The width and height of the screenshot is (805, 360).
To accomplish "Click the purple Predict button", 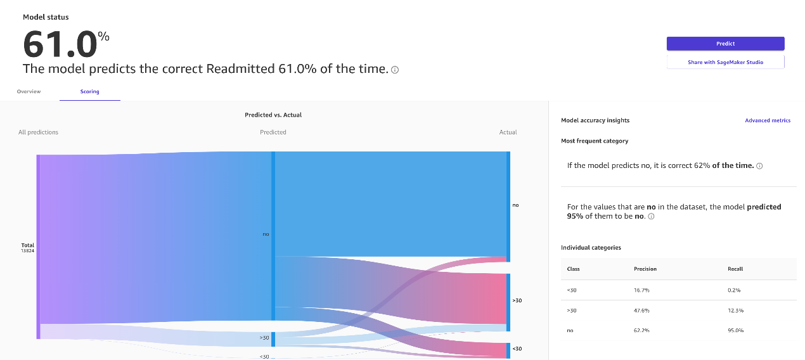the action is [725, 44].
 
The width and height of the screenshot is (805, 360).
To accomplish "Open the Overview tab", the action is [29, 92].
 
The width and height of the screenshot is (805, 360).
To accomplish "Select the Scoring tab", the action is [89, 92].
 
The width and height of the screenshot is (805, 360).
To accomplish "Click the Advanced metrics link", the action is [768, 120].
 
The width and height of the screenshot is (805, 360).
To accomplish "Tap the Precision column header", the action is [645, 269].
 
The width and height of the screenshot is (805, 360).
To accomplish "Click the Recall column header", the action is [735, 269].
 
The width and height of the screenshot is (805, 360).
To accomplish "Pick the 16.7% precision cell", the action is [641, 290].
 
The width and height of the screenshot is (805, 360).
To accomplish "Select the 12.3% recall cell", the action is [736, 311].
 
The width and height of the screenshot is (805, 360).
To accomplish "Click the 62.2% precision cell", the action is [641, 331].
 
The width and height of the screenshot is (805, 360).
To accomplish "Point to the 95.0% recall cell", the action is [736, 331].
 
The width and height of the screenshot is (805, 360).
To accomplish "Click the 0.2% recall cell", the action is [734, 290].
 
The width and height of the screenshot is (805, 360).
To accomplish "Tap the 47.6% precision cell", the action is [641, 311].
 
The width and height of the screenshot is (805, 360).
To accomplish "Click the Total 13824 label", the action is [28, 248].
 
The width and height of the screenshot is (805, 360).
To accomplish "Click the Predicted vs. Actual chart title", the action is [273, 115].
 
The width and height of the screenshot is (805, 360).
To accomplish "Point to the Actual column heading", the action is [508, 132].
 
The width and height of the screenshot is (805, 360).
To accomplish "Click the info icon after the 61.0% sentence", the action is [395, 70].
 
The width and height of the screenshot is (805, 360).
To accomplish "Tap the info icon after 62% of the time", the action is [759, 166].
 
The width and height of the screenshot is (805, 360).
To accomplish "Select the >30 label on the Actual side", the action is [517, 300].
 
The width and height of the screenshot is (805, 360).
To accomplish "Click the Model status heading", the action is [46, 17].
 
